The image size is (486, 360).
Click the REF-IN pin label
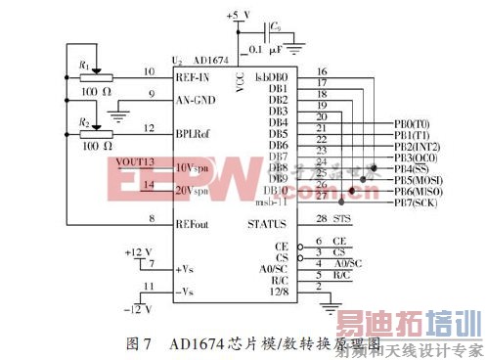click(195, 75)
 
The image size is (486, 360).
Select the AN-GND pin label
click(195, 98)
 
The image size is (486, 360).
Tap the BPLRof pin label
click(194, 128)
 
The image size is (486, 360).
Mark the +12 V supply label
click(140, 252)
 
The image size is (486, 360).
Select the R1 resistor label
click(86, 67)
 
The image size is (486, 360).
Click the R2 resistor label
click(86, 123)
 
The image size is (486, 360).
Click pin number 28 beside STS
click(321, 218)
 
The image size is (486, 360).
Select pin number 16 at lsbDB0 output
click(321, 71)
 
